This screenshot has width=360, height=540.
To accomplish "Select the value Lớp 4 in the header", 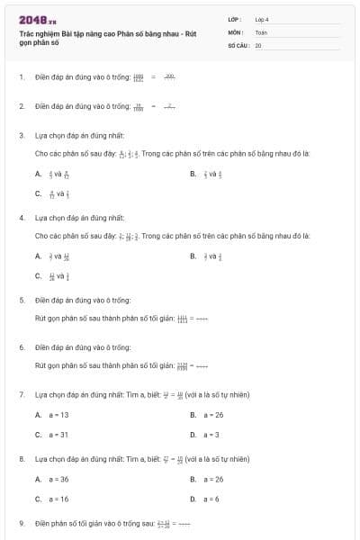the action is coord(262,19).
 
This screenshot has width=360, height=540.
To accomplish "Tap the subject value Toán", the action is coord(260,31).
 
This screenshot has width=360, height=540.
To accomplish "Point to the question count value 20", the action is coord(258,44).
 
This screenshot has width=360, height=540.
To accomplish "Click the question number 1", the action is coord(21,77).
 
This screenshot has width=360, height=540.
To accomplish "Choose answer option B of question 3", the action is coord(208,175).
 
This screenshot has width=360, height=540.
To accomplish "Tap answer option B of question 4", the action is coord(208,256).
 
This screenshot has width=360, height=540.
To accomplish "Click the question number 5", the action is coord(21,299).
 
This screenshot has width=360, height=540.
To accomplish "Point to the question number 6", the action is coord(21,346).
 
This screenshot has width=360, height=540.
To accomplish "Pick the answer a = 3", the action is coord(211,435).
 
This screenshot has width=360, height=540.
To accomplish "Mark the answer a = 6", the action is coord(211,499).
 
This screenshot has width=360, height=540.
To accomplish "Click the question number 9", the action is coord(21,523).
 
